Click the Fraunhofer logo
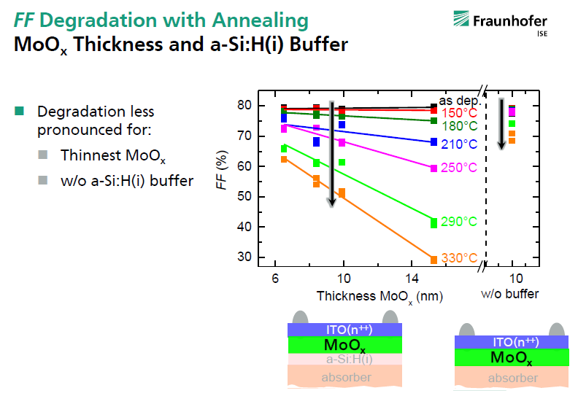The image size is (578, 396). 500,23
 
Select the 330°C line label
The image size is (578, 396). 459,258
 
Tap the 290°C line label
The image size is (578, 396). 459,222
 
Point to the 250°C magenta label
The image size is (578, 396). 459,168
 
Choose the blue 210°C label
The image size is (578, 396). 459,144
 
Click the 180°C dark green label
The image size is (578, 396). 460,126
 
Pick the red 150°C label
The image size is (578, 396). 459,113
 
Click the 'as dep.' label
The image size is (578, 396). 460,101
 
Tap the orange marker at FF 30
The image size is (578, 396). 434,260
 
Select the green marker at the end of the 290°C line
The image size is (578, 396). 434,223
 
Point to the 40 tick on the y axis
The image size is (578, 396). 244,227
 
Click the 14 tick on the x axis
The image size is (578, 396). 412,279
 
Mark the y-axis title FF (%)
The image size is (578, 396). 222,170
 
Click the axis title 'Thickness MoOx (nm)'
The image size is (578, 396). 379,297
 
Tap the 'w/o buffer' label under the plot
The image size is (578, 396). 510,294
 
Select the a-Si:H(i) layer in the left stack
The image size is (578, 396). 344,359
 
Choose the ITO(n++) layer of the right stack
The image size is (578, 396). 512,342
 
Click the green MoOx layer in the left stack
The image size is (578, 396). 344,345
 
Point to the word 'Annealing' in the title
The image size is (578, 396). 261,21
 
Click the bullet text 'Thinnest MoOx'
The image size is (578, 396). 113,156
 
